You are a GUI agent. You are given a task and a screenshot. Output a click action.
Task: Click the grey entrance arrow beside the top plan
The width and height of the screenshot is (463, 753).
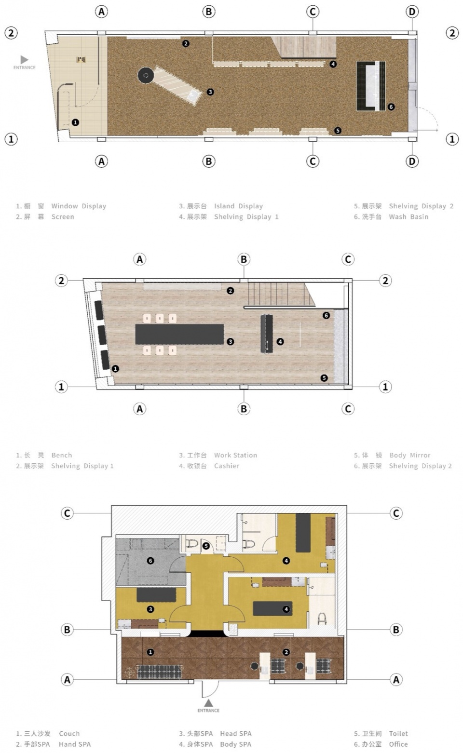(x=24, y=60)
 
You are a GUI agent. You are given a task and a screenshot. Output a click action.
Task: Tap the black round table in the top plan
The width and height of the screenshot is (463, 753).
(x=146, y=75)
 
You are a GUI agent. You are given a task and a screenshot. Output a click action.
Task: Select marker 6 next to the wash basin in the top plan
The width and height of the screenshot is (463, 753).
(x=391, y=107)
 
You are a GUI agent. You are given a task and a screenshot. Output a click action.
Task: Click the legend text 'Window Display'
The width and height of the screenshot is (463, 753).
(x=79, y=206)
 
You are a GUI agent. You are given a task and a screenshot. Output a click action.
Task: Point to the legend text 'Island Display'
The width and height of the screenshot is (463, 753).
(x=238, y=206)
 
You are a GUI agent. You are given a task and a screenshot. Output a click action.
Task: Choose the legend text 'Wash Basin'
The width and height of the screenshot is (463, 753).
(x=409, y=216)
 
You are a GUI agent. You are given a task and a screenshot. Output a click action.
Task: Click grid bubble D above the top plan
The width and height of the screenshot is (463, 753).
(x=412, y=12)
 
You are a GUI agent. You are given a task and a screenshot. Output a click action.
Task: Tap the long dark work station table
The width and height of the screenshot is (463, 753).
(x=179, y=334)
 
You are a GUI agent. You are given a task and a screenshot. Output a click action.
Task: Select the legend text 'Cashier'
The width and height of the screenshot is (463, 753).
(x=227, y=466)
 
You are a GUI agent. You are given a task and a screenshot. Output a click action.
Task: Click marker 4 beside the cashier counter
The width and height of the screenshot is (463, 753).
(x=280, y=341)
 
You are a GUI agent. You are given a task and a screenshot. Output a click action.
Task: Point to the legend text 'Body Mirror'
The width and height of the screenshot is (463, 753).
(x=409, y=455)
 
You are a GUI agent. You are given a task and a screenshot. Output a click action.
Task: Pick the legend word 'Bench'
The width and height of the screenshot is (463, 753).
(x=62, y=455)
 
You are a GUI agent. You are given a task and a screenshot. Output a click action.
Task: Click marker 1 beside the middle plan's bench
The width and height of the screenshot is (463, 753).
(x=115, y=368)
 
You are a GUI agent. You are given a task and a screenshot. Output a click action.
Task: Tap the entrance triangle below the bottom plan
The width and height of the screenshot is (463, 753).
(x=208, y=703)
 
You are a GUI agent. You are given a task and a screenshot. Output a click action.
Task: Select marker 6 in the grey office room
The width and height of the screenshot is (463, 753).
(x=150, y=561)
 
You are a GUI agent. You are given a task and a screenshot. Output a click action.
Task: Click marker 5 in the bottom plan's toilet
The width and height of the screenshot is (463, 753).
(x=206, y=546)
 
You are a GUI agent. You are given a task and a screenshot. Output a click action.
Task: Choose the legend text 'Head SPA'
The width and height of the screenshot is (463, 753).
(x=236, y=733)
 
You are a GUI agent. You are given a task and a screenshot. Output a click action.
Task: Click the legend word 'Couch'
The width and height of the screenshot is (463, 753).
(x=69, y=733)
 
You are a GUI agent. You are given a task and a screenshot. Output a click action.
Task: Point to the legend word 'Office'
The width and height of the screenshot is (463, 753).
(x=398, y=744)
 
